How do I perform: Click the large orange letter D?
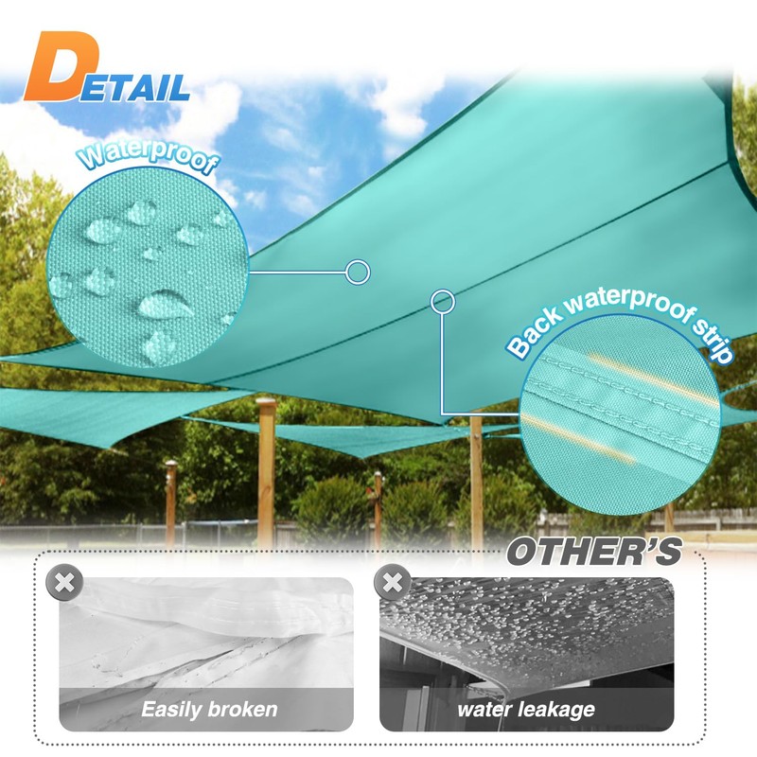pos(62,71)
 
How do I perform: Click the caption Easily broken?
pos(209,709)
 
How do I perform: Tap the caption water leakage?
pos(526,709)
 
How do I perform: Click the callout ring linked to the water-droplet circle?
pos(357,273)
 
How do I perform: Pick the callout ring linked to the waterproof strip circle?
pos(442,302)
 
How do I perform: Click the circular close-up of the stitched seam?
pos(620,416)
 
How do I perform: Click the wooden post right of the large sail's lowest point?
pos(476,473)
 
